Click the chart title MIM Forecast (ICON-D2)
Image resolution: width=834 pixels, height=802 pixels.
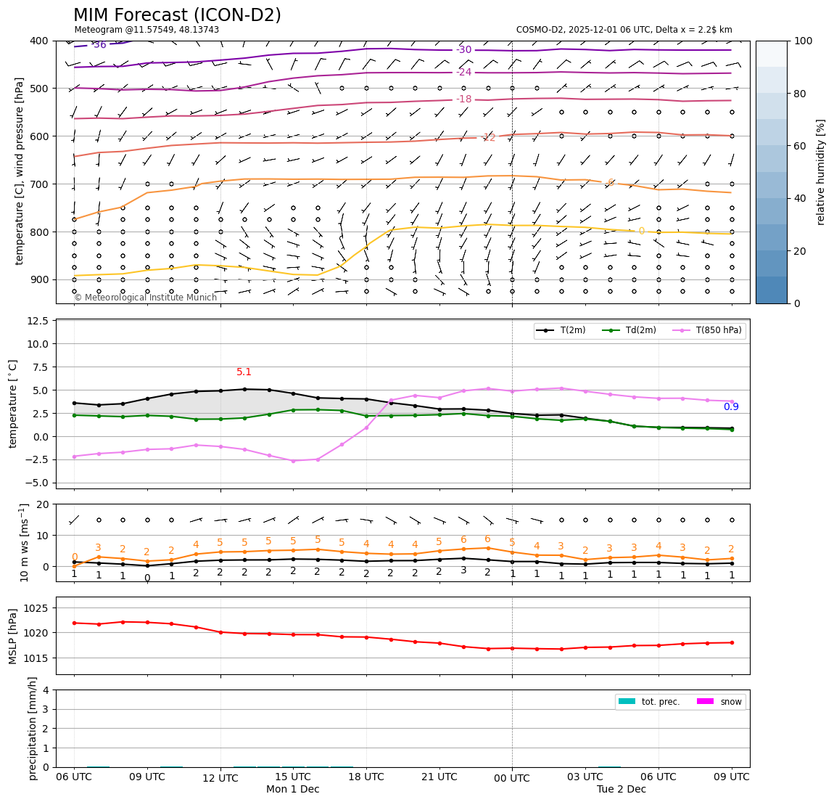click(x=177, y=15)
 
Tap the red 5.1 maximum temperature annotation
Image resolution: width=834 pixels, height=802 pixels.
click(x=244, y=372)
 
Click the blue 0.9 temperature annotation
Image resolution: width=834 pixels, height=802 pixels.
click(x=731, y=407)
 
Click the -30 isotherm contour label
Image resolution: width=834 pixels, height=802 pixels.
click(x=464, y=50)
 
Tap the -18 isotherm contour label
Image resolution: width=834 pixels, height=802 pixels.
click(x=464, y=99)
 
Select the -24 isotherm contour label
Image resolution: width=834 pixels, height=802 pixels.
click(x=464, y=73)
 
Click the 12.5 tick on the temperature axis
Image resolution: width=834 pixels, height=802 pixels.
click(x=38, y=321)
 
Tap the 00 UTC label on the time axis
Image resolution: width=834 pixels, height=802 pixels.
click(x=512, y=777)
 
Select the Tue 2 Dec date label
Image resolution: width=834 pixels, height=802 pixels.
click(x=621, y=790)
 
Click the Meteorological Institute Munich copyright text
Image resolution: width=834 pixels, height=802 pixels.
click(x=145, y=298)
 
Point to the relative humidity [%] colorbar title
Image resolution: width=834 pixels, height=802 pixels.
click(x=821, y=172)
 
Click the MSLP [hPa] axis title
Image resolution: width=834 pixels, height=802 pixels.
click(x=12, y=636)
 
